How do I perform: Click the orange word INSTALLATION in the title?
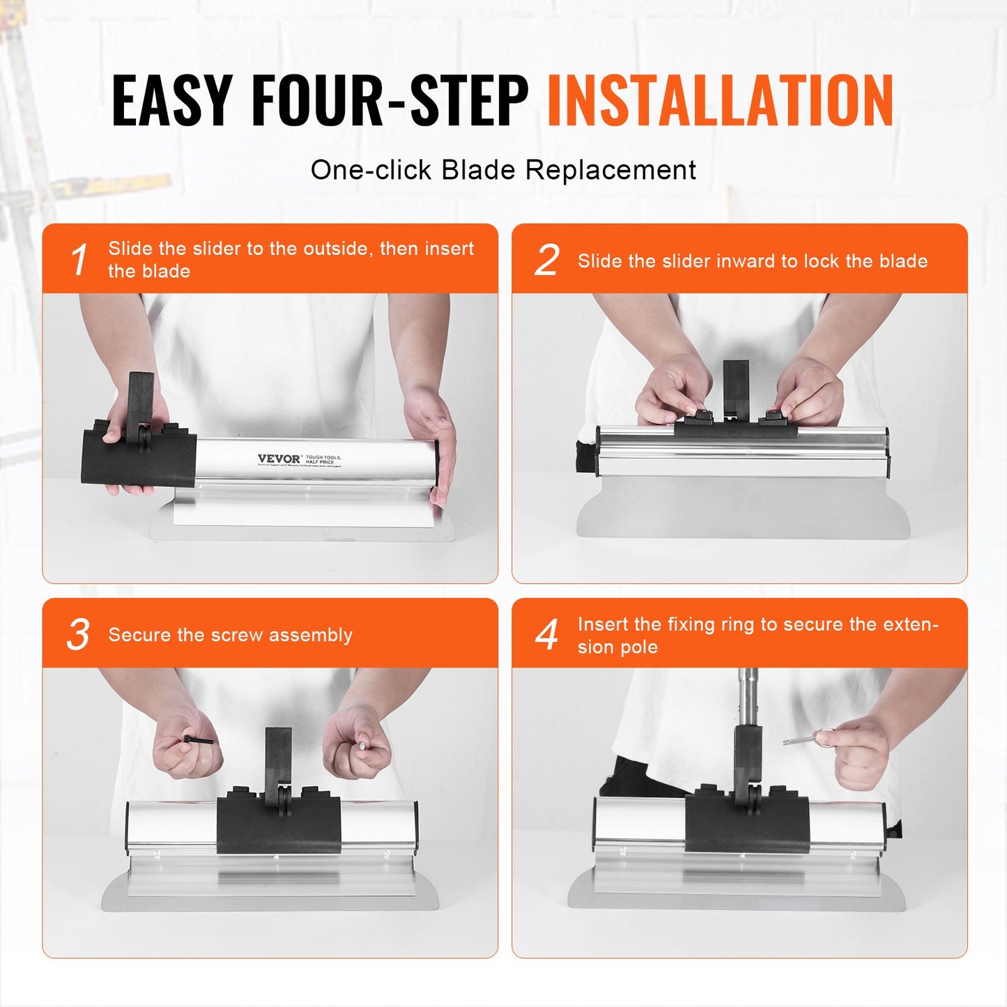pyautogui.click(x=720, y=101)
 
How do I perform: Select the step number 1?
pyautogui.click(x=79, y=260)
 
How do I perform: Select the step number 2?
pyautogui.click(x=547, y=260)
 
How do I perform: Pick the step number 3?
pyautogui.click(x=78, y=634)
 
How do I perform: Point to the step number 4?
pyautogui.click(x=547, y=634)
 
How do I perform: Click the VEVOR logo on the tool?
pyautogui.click(x=279, y=459)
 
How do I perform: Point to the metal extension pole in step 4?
pyautogui.click(x=748, y=697)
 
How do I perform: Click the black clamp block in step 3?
pyautogui.click(x=279, y=826)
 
